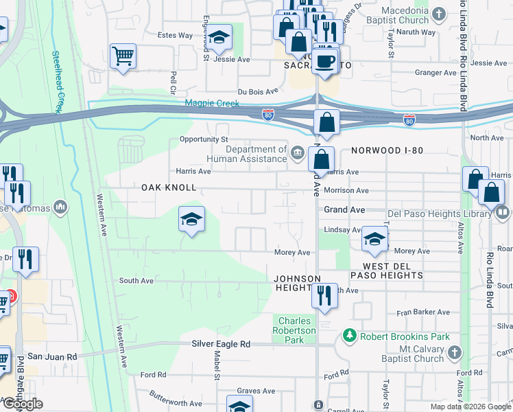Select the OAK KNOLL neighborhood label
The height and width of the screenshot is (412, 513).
click(169, 187)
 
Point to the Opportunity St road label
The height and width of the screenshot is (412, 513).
click(202, 139)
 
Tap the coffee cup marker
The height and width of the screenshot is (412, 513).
click(325, 60)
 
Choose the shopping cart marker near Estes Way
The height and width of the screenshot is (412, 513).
click(123, 56)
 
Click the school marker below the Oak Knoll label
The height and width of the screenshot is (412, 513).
click(191, 219)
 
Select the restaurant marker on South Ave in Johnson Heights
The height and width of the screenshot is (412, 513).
click(324, 295)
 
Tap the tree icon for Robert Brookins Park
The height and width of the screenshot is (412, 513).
click(350, 336)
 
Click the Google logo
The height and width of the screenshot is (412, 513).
click(23, 404)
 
